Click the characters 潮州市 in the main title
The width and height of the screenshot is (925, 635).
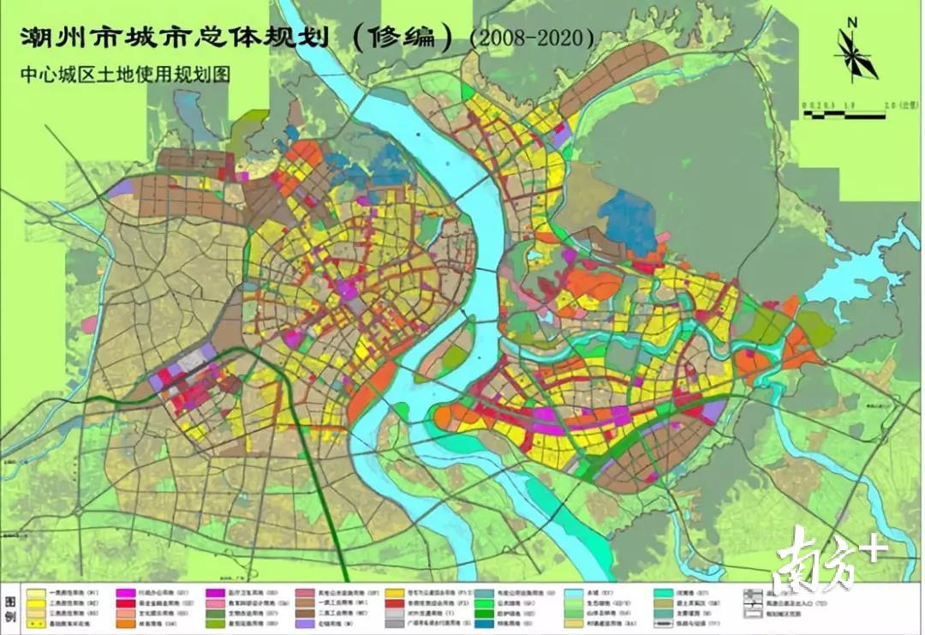pyautogui.click(x=64, y=39)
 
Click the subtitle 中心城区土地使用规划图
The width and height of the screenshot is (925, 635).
pyautogui.click(x=116, y=75)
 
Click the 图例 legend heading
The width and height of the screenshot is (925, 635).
pyautogui.click(x=11, y=604)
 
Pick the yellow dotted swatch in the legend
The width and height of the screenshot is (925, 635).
pyautogui.click(x=37, y=625)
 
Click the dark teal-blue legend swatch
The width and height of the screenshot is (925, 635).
pyautogui.click(x=484, y=625)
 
